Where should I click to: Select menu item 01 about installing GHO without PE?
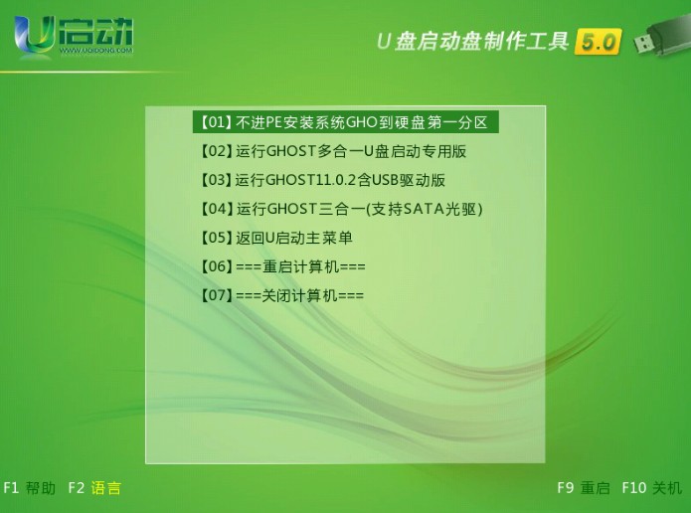point(346,122)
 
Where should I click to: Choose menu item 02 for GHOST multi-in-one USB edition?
point(334,151)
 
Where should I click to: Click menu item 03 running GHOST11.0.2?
point(323,180)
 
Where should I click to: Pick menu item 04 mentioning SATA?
point(342,209)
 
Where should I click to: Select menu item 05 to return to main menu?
point(276,238)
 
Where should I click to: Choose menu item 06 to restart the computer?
point(283,266)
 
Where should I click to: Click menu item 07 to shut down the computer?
point(282,295)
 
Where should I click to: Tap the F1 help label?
point(30,488)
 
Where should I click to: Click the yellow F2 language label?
point(94,488)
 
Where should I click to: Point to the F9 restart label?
point(584,487)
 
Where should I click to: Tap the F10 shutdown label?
point(652,487)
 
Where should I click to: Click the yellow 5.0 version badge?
point(598,43)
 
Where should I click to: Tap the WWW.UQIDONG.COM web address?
point(95,51)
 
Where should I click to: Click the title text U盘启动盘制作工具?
point(472,42)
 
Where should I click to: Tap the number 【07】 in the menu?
point(217,295)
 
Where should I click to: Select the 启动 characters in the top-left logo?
point(95,31)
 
